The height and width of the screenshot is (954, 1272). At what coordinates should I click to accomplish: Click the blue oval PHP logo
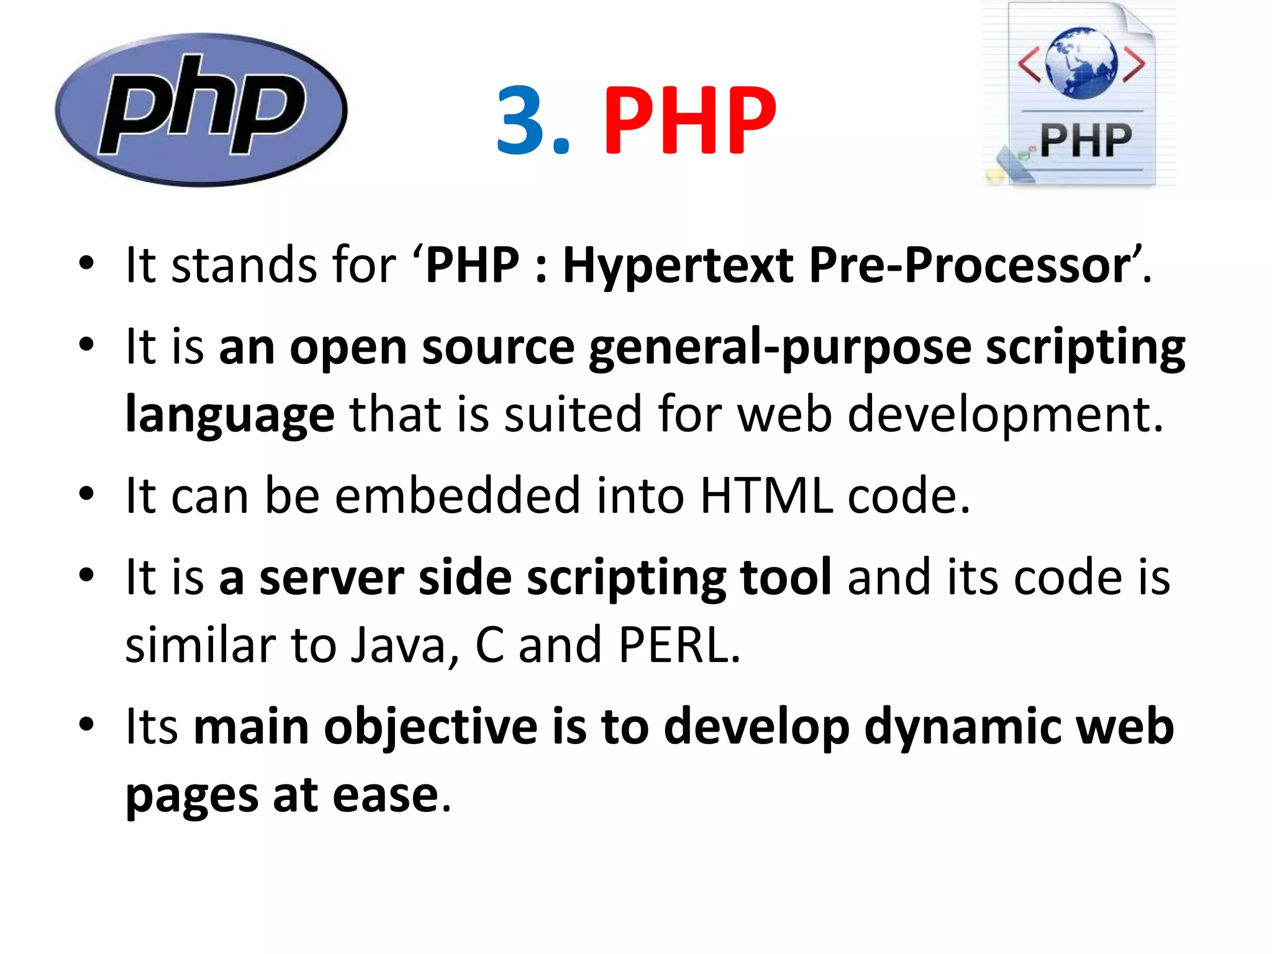click(201, 109)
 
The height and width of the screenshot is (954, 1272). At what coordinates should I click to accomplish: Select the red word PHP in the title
click(689, 120)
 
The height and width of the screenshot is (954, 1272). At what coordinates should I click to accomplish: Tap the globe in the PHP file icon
click(1081, 63)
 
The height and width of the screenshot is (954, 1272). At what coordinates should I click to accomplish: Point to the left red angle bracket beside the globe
click(1029, 65)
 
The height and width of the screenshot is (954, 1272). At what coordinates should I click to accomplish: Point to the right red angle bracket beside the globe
click(1134, 65)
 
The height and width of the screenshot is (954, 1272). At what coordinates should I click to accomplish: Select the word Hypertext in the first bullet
click(678, 266)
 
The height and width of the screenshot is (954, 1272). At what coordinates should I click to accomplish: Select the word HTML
click(766, 496)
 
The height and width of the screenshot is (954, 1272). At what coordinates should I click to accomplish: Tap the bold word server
click(332, 578)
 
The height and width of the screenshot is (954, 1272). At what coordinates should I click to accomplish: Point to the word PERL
click(678, 645)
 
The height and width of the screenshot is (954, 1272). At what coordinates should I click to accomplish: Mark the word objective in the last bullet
click(430, 727)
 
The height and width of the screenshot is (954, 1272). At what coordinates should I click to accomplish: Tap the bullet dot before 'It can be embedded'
click(86, 494)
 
